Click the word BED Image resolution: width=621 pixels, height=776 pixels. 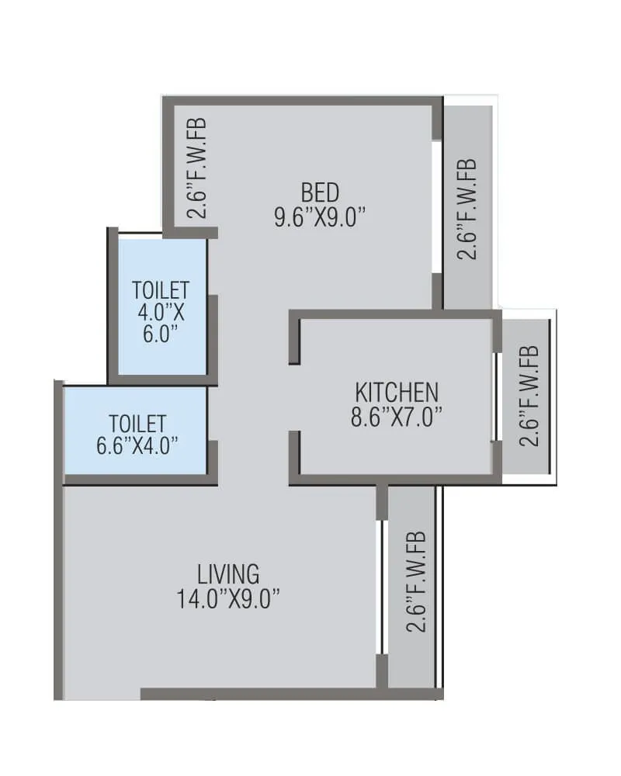[x=320, y=192]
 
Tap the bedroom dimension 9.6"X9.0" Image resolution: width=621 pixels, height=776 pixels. [x=320, y=217]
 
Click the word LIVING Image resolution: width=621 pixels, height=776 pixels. [x=228, y=574]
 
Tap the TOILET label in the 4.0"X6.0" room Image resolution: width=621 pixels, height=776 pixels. [x=161, y=291]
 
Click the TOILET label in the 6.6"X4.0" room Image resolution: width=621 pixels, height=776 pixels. [x=137, y=424]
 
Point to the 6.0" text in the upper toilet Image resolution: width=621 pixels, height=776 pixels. [x=161, y=334]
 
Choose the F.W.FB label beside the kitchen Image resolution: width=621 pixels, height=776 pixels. [x=529, y=396]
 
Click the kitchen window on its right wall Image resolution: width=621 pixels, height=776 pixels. [x=496, y=397]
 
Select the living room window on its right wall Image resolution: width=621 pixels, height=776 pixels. [x=380, y=587]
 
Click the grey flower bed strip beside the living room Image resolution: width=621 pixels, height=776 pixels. [x=411, y=660]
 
